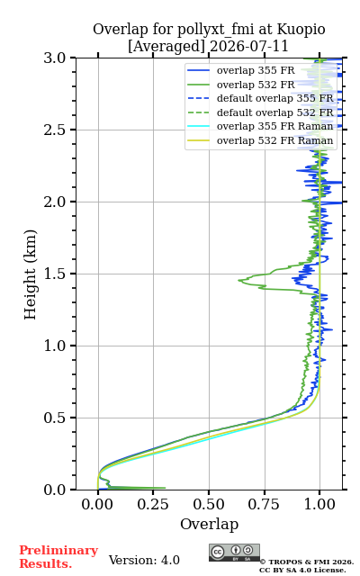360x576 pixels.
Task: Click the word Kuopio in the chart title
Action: (x=301, y=30)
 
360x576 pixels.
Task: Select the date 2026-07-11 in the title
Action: (x=249, y=47)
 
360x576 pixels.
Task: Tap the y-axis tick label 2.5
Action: (x=55, y=130)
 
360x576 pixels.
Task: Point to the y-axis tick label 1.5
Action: (x=55, y=274)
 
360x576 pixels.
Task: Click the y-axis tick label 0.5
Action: (x=55, y=418)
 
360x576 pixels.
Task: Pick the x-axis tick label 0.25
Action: (x=153, y=504)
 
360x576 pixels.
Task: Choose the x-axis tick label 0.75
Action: (x=264, y=504)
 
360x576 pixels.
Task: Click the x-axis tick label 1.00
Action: (x=319, y=504)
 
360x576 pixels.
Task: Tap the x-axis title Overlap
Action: (x=209, y=524)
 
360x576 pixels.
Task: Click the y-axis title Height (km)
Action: (x=30, y=274)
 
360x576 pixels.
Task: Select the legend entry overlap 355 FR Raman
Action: (x=260, y=126)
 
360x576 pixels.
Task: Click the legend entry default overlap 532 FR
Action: (x=260, y=112)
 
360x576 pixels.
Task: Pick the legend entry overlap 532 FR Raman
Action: (x=260, y=140)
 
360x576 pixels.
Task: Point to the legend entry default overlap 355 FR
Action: (x=260, y=98)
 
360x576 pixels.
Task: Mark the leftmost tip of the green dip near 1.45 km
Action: (x=238, y=280)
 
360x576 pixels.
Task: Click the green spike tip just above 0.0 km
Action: (x=166, y=488)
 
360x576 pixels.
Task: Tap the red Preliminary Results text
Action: (x=58, y=557)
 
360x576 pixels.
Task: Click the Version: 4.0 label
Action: (x=144, y=560)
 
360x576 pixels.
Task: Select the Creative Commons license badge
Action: (x=234, y=553)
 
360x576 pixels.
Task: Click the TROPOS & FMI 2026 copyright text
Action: (x=307, y=562)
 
